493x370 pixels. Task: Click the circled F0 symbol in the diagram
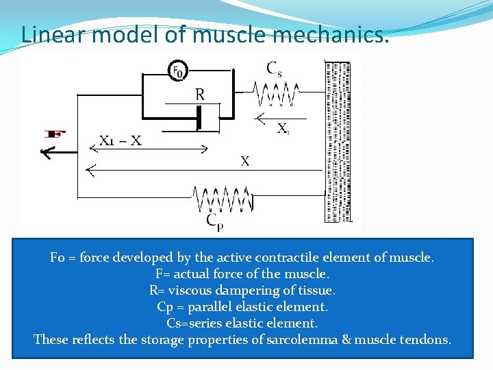click(x=178, y=71)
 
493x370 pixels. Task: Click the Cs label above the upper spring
click(x=274, y=69)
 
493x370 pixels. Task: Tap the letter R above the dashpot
click(x=199, y=95)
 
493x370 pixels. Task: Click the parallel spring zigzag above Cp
click(x=222, y=200)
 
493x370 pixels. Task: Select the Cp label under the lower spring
click(x=214, y=220)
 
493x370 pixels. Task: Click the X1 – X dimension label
click(x=121, y=140)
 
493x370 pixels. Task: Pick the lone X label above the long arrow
click(x=244, y=161)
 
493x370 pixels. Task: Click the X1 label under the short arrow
click(x=282, y=128)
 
